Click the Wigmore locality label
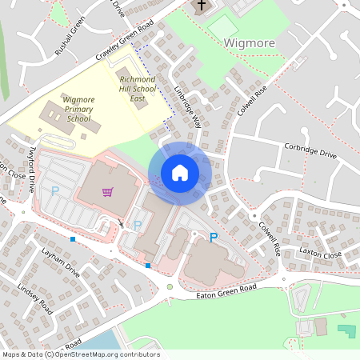pos(250,42)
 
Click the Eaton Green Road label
pos(226,291)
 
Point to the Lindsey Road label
pos(34,298)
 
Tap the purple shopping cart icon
pos(107,192)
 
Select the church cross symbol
pos(201,5)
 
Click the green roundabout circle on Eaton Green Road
pos(170,286)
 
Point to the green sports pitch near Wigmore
pos(222,25)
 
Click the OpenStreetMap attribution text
pos(80,354)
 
